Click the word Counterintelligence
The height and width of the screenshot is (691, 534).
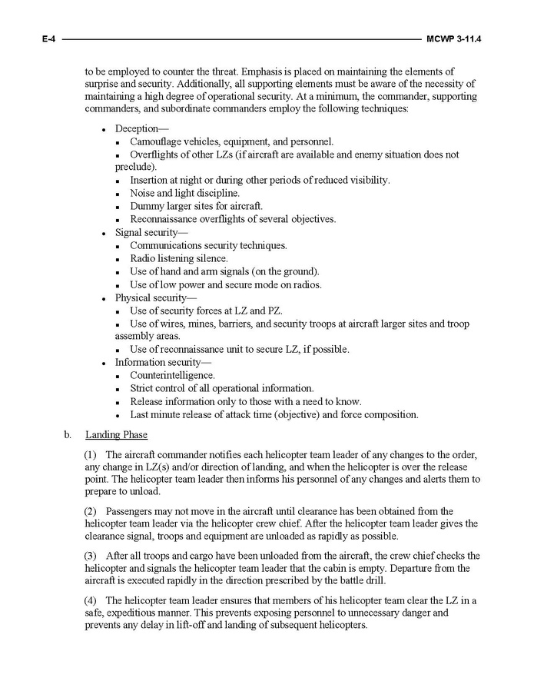(172, 375)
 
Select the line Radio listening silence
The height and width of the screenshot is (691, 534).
(178, 258)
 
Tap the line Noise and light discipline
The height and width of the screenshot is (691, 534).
(184, 193)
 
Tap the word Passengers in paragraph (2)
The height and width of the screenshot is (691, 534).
(131, 510)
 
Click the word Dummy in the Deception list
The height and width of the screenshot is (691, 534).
(146, 206)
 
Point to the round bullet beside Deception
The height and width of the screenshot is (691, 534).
(103, 129)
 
